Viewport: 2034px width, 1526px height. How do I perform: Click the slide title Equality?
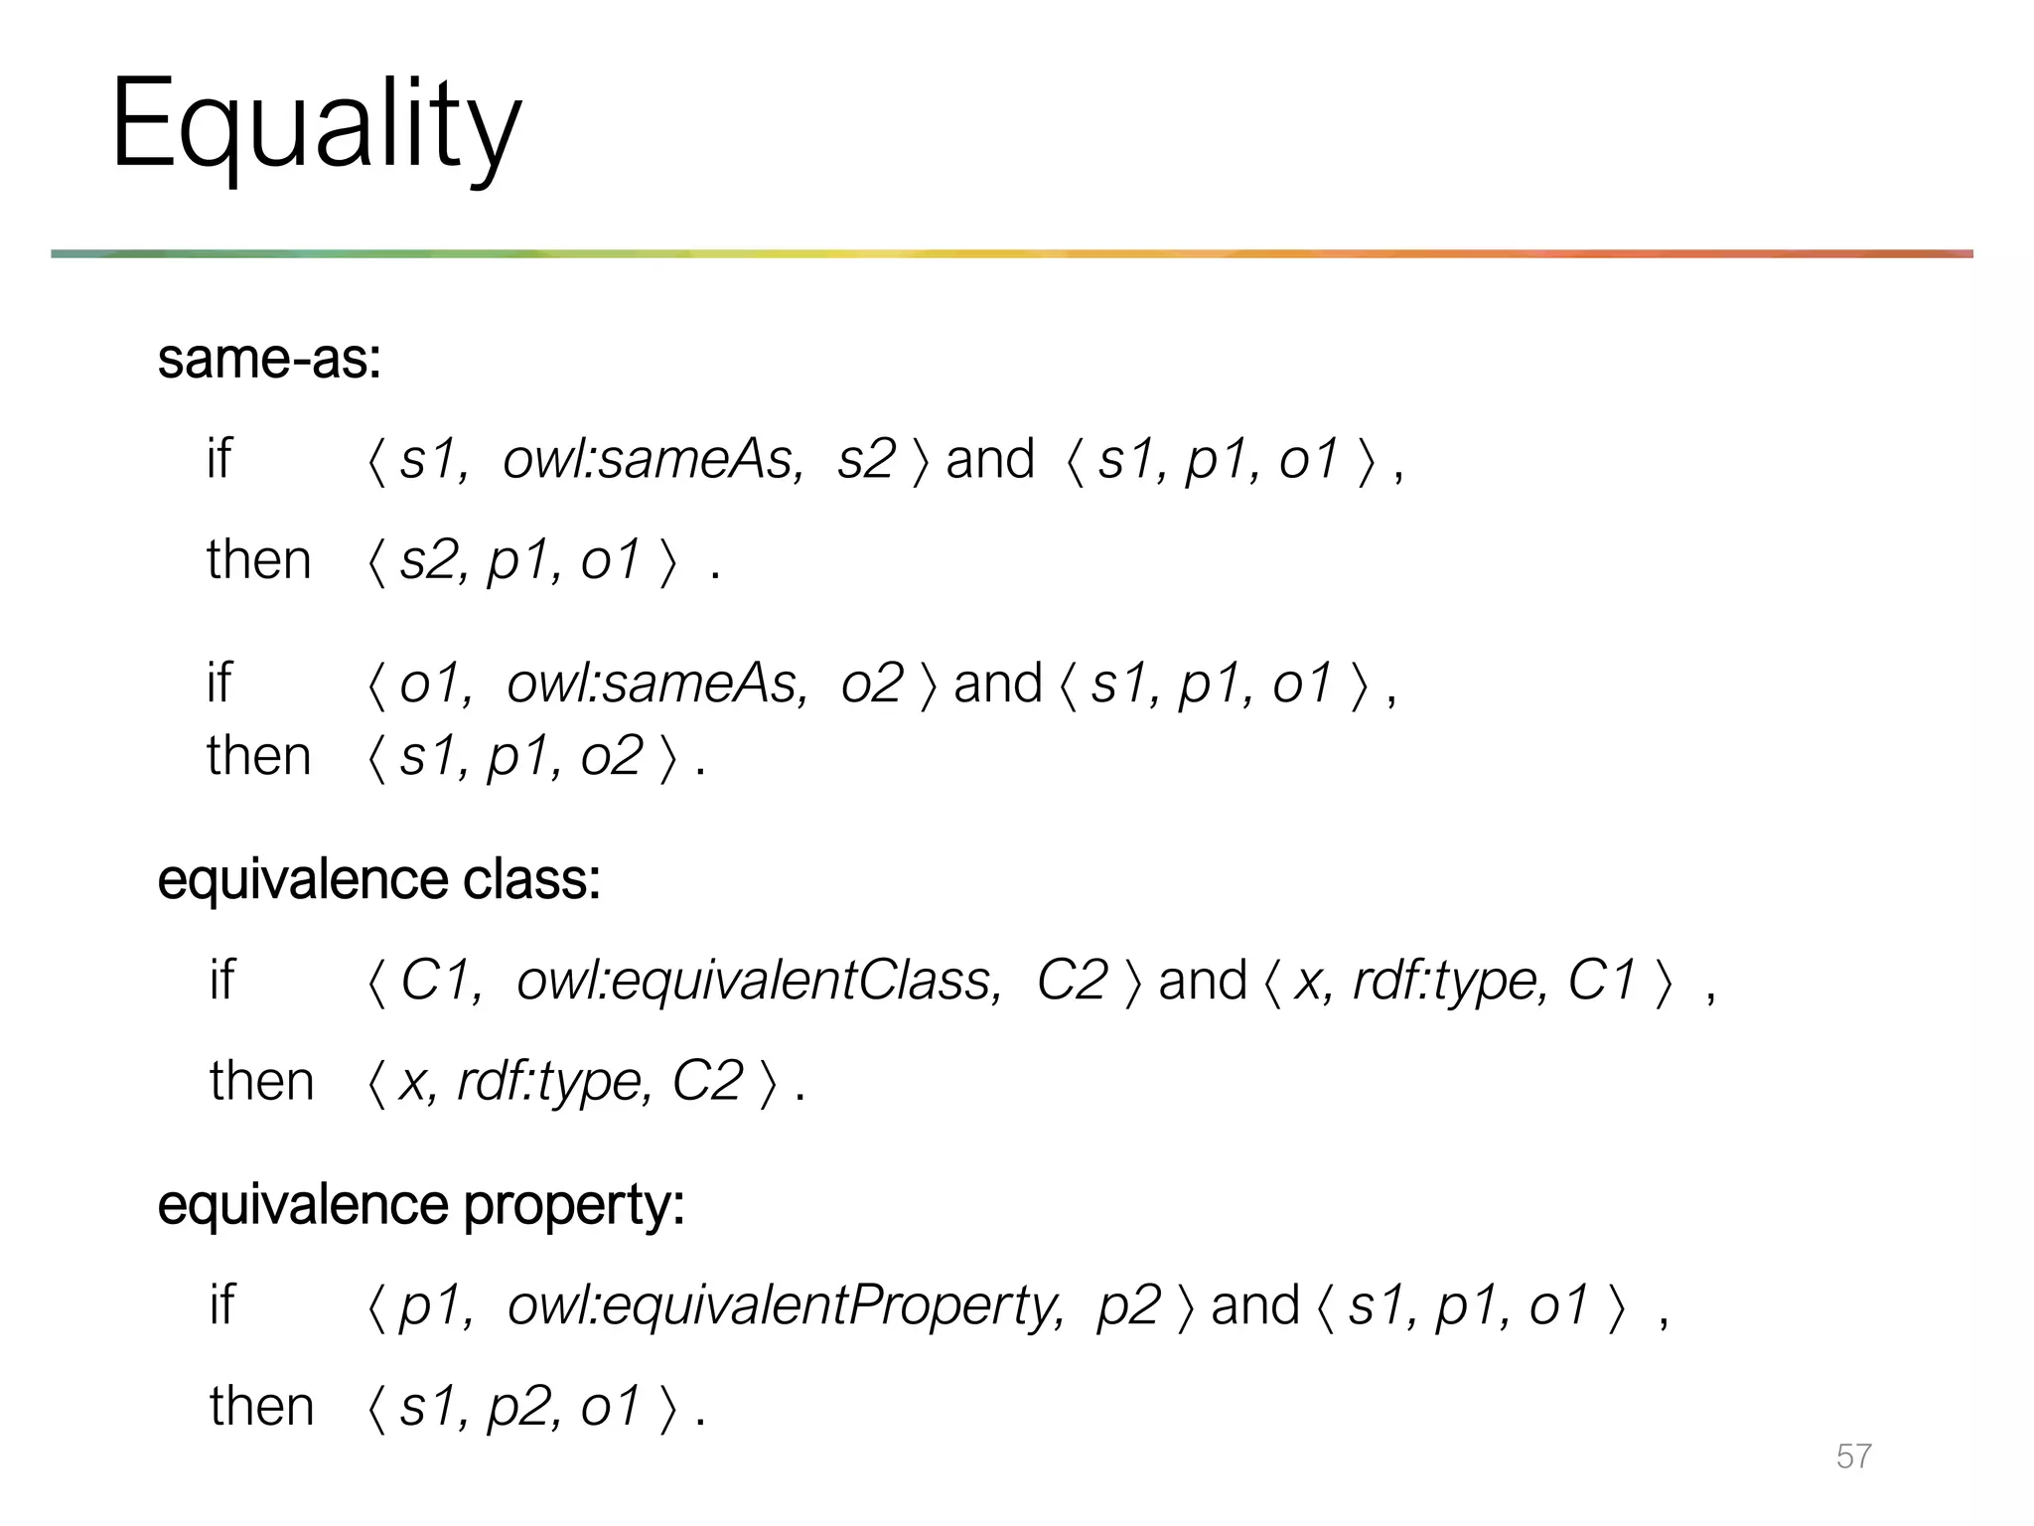point(316,126)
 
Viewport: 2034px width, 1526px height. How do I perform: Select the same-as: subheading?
point(269,359)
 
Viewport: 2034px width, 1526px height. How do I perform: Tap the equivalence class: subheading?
point(378,879)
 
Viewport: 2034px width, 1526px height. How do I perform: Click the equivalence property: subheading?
point(421,1204)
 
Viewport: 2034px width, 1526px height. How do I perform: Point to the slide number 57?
point(1853,1455)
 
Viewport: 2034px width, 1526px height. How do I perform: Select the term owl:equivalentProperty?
point(785,1305)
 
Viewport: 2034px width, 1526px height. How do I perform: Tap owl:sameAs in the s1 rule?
point(653,459)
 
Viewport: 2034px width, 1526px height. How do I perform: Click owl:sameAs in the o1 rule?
point(656,684)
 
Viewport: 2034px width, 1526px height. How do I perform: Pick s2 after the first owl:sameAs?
point(866,459)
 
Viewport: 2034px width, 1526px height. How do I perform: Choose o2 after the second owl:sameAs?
point(872,684)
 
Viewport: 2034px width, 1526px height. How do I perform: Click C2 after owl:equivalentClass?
point(1072,981)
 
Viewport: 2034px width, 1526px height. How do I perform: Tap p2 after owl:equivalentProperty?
point(1128,1305)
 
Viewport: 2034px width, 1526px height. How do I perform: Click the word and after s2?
point(989,459)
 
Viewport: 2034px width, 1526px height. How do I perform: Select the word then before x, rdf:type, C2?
point(261,1081)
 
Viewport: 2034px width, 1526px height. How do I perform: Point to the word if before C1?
point(221,981)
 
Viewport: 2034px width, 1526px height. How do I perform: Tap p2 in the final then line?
point(516,1407)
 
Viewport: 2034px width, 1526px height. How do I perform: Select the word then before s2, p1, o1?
point(258,559)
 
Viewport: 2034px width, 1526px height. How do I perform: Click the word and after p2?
point(1254,1305)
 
